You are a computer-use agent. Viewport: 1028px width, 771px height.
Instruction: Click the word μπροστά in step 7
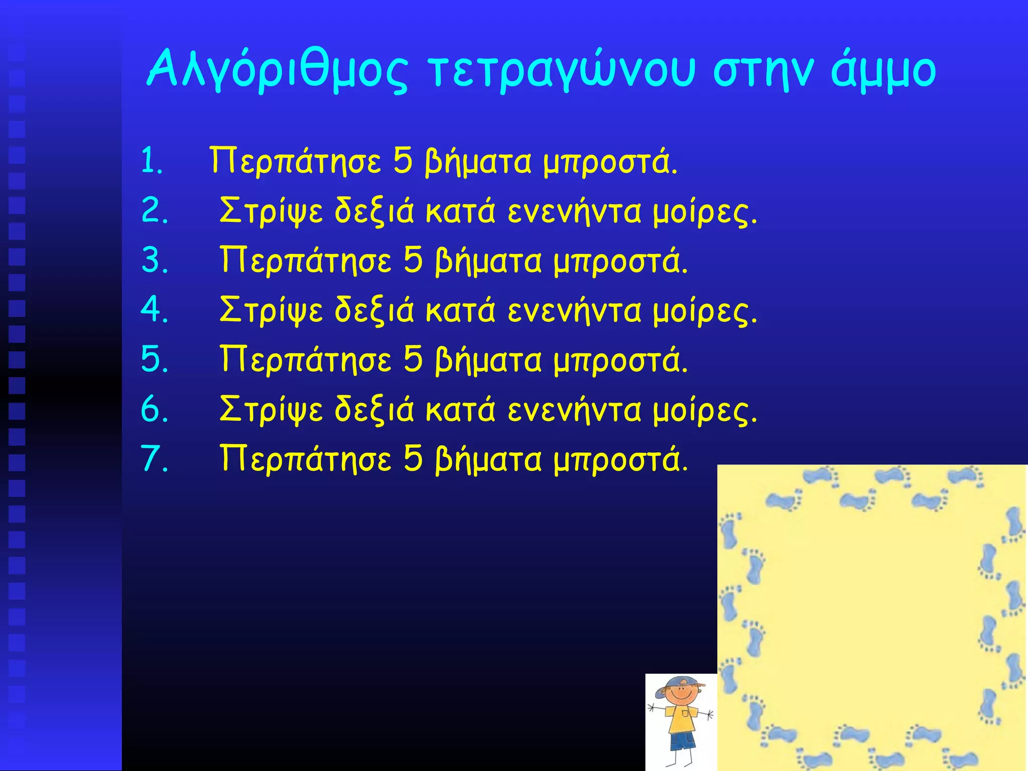pos(620,458)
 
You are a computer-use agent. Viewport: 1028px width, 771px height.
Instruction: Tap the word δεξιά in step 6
pos(374,409)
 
